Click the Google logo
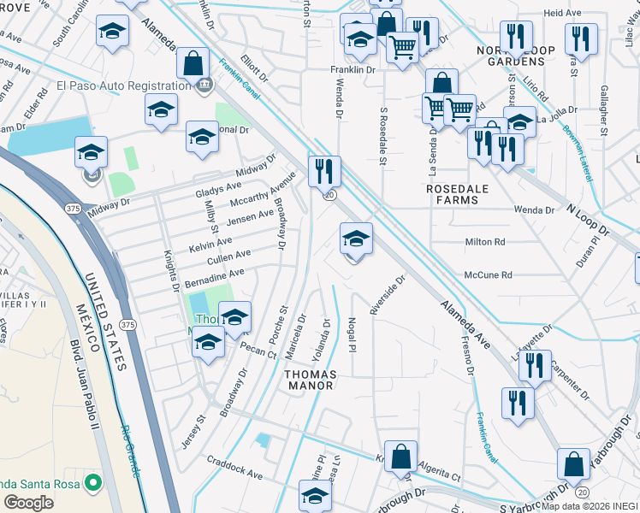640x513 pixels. [28, 502]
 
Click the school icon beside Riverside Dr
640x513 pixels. [356, 239]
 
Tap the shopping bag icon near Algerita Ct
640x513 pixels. [400, 457]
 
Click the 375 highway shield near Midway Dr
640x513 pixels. [73, 208]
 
